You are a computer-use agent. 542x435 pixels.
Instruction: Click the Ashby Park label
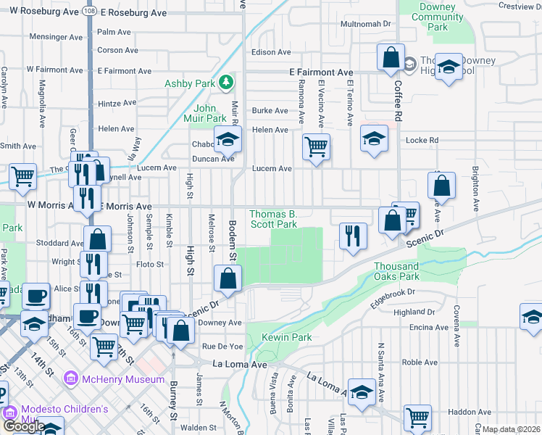point(189,83)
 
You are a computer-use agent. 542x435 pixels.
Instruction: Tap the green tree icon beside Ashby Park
point(226,83)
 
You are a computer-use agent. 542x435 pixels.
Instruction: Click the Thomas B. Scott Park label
point(273,219)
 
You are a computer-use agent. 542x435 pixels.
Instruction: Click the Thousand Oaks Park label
point(396,271)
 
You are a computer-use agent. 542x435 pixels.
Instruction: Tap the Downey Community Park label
point(436,17)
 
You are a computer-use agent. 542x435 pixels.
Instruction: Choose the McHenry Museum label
point(124,379)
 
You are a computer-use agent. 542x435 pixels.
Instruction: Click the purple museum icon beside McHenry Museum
point(71,379)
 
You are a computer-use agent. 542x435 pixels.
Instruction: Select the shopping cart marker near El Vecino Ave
point(316,147)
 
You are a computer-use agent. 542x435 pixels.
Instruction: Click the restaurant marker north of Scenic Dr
point(353,236)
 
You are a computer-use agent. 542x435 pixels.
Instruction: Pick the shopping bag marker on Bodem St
point(228,278)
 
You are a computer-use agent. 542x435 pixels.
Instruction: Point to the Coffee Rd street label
point(398,101)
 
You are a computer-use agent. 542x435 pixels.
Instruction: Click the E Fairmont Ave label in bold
point(321,73)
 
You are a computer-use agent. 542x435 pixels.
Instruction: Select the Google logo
point(24,426)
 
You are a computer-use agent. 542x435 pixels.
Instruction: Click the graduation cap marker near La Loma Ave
point(361,392)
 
